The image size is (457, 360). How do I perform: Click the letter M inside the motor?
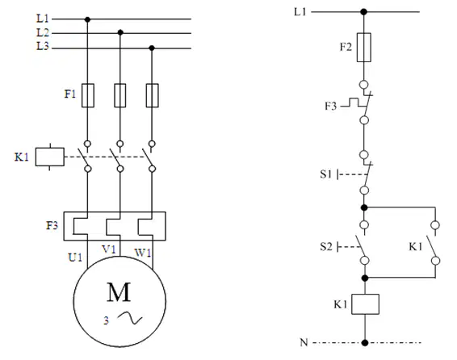(119, 292)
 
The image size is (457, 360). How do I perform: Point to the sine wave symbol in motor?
(130, 317)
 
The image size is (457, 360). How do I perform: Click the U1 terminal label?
(75, 257)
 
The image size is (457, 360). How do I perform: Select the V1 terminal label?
(109, 249)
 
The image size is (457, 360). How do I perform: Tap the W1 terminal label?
(143, 253)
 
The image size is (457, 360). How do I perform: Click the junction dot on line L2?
(120, 32)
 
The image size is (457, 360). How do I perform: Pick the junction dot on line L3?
(152, 48)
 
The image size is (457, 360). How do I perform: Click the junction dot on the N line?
(365, 342)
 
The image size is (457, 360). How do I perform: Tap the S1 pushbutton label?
(326, 174)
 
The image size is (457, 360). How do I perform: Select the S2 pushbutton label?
(326, 247)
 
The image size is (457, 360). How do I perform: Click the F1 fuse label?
(70, 94)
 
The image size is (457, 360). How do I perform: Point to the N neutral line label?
(304, 342)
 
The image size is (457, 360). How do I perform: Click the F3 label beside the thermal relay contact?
(331, 106)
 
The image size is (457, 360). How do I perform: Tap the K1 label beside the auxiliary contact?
(416, 247)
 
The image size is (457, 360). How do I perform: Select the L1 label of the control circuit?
(300, 11)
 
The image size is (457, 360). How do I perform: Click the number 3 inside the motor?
(106, 320)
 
